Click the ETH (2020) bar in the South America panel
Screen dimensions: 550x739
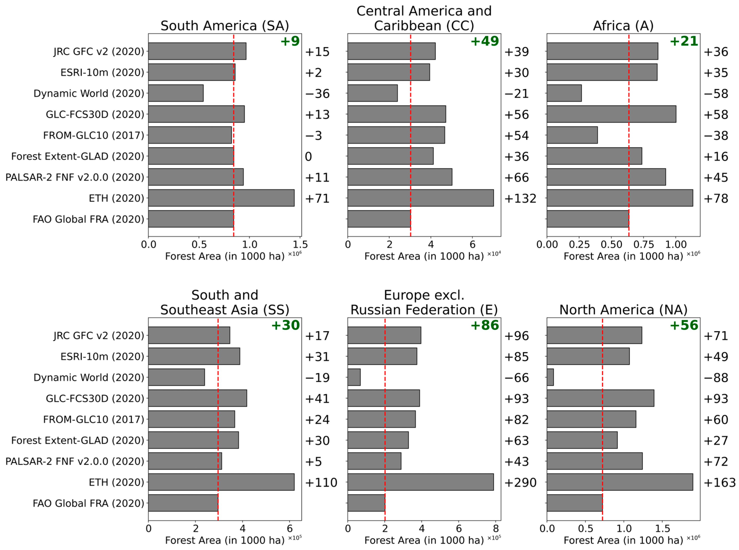click(221, 198)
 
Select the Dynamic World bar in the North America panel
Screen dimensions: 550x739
click(550, 377)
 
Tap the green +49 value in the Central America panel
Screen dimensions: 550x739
click(484, 41)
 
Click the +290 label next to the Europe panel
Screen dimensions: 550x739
click(520, 482)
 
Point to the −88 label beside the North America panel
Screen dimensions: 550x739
click(716, 377)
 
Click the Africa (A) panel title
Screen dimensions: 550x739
click(623, 26)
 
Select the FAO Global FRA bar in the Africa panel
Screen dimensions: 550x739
click(587, 219)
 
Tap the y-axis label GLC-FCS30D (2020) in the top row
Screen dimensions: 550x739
click(95, 115)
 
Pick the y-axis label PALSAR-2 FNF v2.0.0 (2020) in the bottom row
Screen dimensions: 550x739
click(75, 461)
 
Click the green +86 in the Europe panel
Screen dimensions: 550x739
click(484, 325)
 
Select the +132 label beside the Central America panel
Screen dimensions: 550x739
click(520, 198)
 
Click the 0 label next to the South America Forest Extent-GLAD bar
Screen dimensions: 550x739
click(308, 156)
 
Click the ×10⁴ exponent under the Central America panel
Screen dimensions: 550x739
click(494, 254)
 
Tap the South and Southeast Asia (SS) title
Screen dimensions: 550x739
click(224, 302)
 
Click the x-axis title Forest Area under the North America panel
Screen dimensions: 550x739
click(623, 540)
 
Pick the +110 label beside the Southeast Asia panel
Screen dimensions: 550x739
click(321, 482)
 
